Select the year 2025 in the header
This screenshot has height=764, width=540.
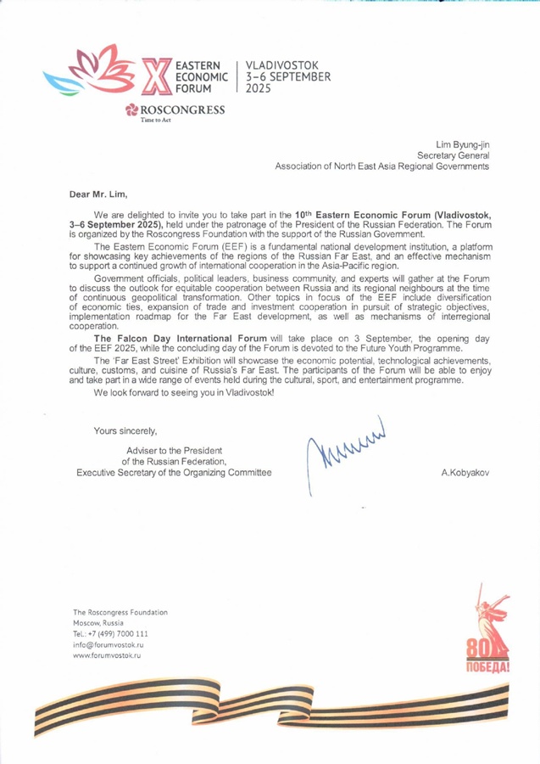(x=259, y=87)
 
